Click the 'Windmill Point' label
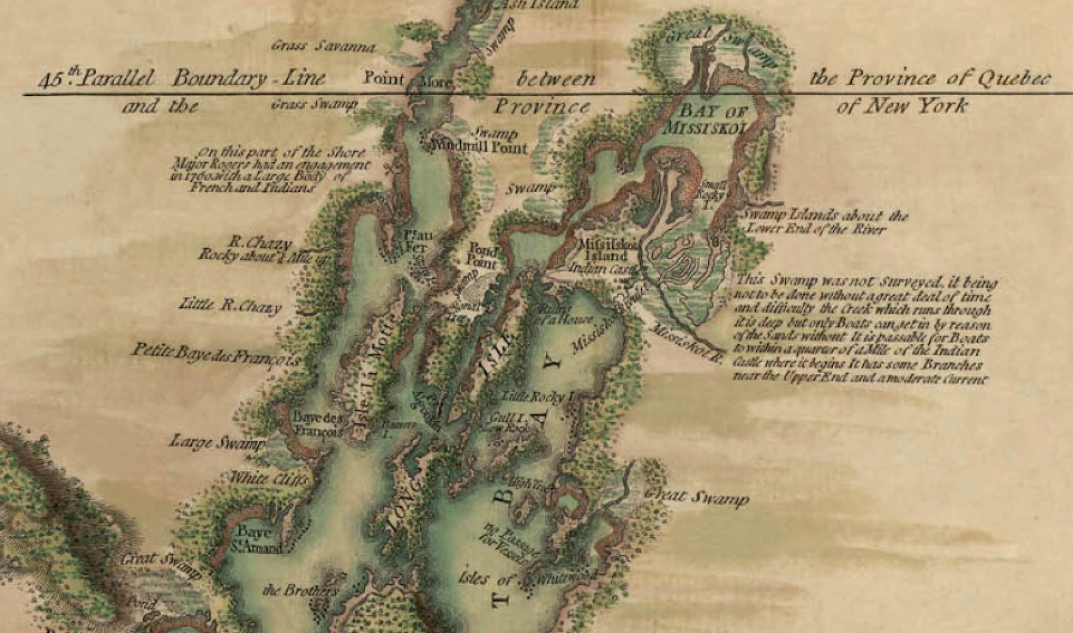482,146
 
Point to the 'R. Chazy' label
262,244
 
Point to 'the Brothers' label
301,591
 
